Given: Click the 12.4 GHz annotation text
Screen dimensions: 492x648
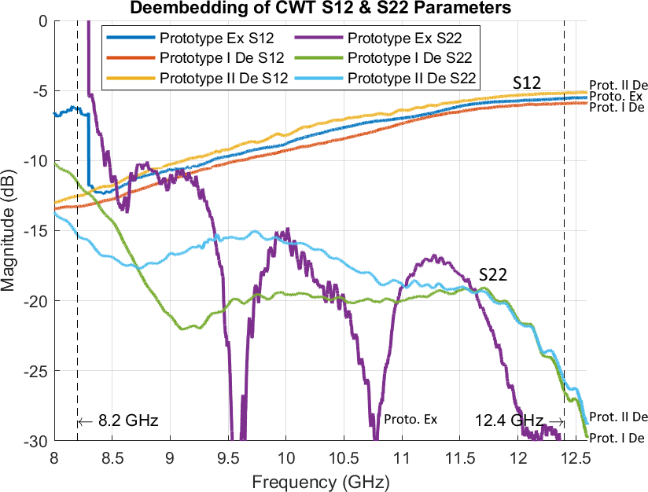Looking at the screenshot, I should pyautogui.click(x=509, y=421).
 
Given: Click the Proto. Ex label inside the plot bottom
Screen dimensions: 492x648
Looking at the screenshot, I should pyautogui.click(x=410, y=419).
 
